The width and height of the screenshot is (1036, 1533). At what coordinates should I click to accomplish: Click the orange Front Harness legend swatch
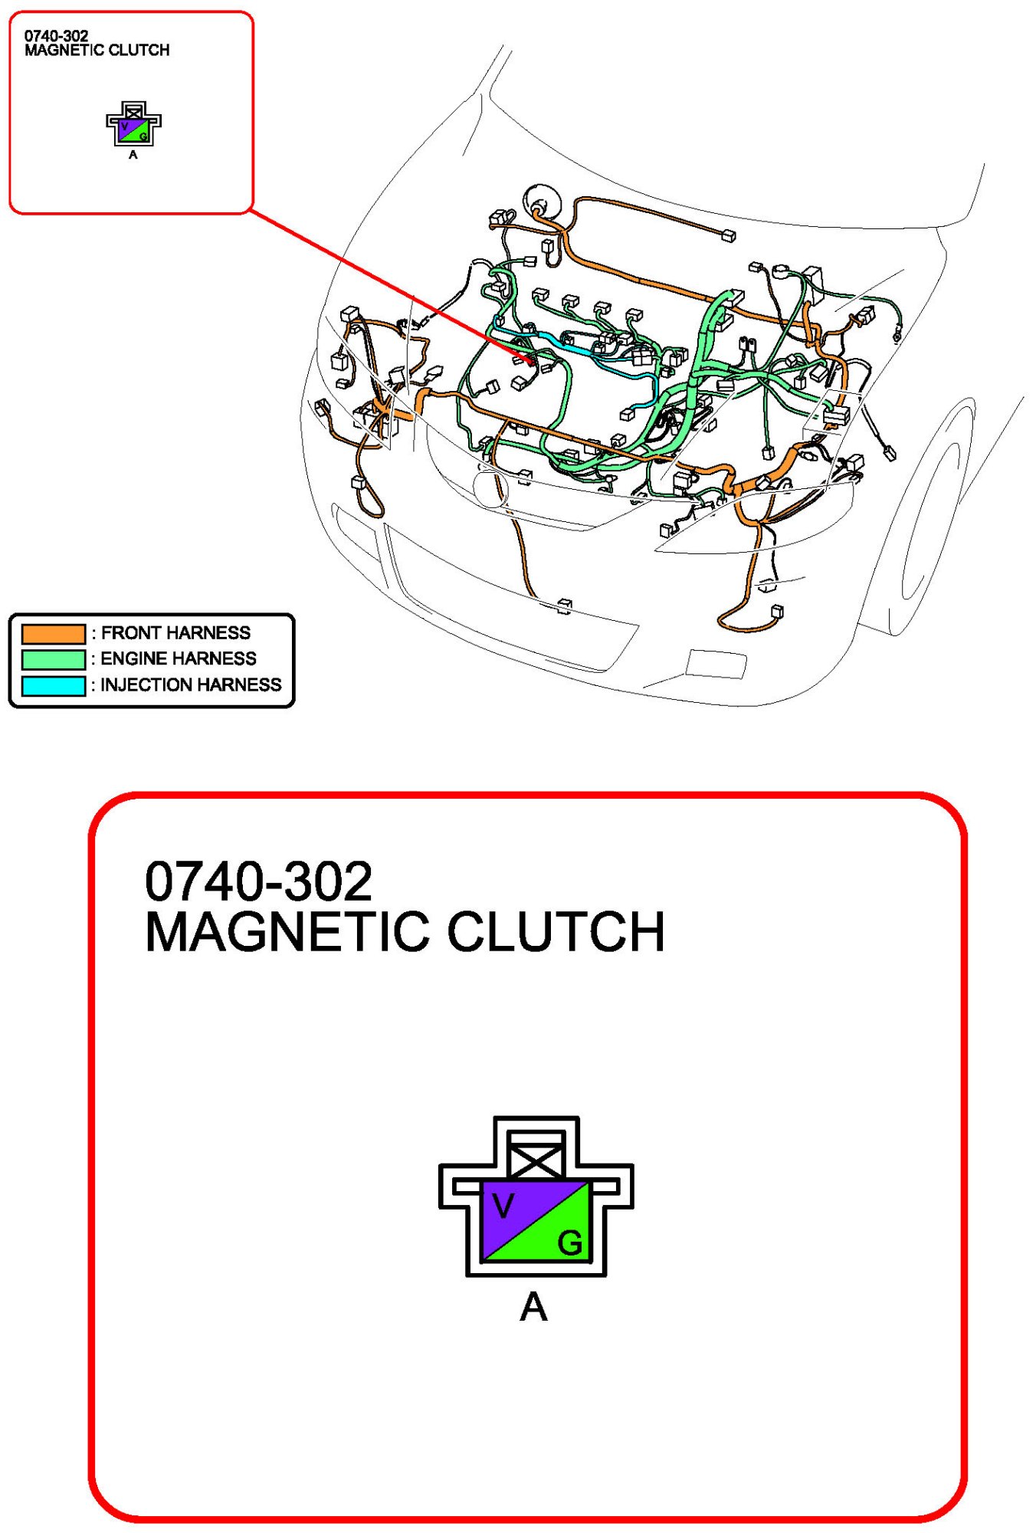[x=54, y=633]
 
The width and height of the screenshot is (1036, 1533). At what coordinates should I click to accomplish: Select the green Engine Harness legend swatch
[x=54, y=659]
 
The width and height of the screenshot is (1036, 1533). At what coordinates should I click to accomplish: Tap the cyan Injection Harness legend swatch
[x=54, y=685]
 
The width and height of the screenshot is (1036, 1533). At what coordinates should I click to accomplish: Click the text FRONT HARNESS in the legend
[x=175, y=633]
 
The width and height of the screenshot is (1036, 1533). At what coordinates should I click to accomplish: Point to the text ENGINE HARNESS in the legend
[x=179, y=658]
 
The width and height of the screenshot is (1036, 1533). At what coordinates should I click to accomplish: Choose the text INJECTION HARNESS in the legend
[x=191, y=684]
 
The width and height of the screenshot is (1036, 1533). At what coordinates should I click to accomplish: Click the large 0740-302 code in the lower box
[x=258, y=881]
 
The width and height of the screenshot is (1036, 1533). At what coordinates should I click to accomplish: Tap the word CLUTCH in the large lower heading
[x=556, y=932]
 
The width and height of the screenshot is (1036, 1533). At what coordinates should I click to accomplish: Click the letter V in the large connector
[x=503, y=1206]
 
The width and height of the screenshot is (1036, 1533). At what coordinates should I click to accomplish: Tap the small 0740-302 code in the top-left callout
[x=56, y=36]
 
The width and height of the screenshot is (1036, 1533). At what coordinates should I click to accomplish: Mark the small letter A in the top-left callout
[x=133, y=155]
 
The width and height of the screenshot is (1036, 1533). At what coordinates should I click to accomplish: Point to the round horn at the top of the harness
[x=542, y=203]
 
